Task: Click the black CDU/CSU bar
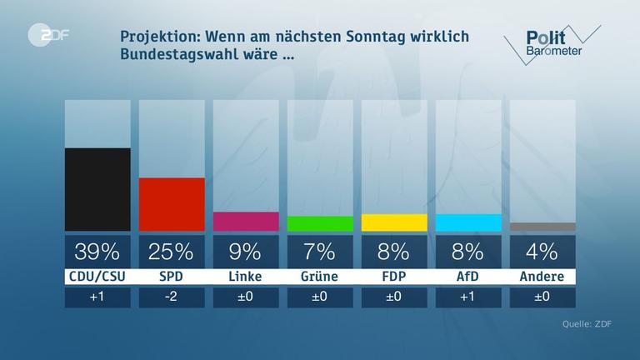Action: [97, 189]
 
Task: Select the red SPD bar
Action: [172, 204]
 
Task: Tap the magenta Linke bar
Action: [246, 221]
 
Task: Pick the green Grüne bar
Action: [320, 223]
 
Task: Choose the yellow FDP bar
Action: [394, 222]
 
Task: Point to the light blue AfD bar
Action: [468, 222]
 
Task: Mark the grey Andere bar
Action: [542, 227]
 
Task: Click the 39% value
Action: [97, 251]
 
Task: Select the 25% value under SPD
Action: [172, 251]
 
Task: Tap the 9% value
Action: [246, 251]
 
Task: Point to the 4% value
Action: [542, 251]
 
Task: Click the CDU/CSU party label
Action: [97, 277]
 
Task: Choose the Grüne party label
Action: [320, 277]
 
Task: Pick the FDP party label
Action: [394, 277]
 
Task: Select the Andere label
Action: [542, 277]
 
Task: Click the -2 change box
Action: [172, 297]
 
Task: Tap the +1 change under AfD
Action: [468, 297]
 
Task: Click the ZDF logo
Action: [47, 37]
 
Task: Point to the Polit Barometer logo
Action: [550, 42]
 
